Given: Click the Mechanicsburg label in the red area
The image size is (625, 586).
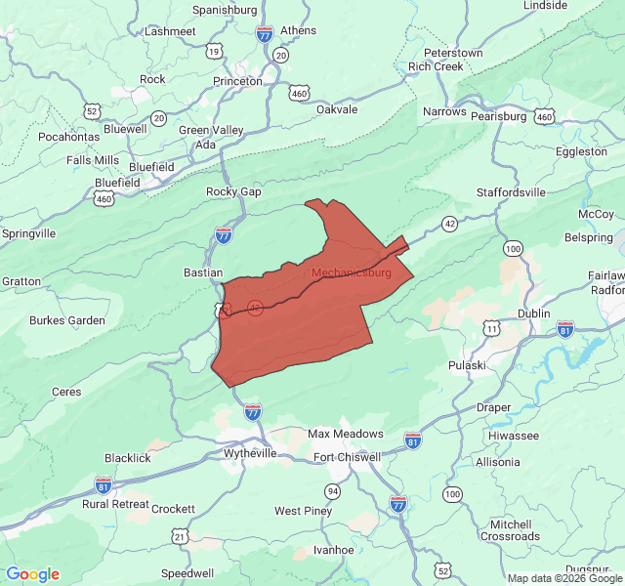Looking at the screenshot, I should [351, 272].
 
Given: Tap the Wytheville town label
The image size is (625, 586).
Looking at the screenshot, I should [252, 453].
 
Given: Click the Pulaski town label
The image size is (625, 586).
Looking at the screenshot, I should [467, 364].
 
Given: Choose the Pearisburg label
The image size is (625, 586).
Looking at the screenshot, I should [499, 116].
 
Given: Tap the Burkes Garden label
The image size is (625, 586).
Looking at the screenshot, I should [66, 320].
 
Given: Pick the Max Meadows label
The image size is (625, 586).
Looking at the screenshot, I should [346, 434].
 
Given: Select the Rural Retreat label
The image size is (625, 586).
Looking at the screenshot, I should [117, 504].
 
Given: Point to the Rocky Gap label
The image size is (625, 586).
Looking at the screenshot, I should [233, 191].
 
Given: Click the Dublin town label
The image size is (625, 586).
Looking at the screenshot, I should [534, 314].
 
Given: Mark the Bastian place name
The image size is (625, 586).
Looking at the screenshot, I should [203, 272].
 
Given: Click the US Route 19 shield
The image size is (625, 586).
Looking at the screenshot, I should [214, 51].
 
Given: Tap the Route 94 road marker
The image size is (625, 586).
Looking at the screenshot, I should [333, 490].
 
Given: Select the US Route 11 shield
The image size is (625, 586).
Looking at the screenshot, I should [491, 330].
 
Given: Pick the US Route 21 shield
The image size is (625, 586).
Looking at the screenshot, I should [180, 536].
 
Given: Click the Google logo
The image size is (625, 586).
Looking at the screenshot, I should [32, 574].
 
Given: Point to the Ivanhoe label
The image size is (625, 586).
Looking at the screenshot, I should [333, 550].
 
